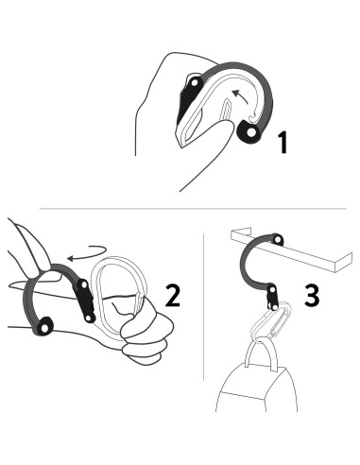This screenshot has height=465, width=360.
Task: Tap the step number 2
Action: [x=174, y=295]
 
